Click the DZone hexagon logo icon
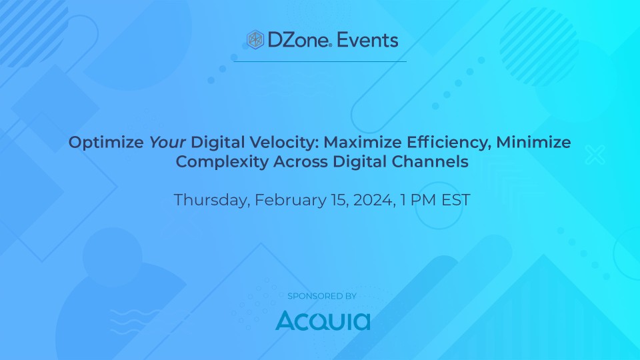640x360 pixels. pyautogui.click(x=255, y=40)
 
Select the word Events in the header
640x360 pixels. pyautogui.click(x=367, y=40)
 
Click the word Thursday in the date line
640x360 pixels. pyautogui.click(x=208, y=200)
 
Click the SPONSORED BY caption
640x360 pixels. pyautogui.click(x=322, y=295)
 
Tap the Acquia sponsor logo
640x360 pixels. pyautogui.click(x=323, y=320)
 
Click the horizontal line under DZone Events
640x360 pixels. pyautogui.click(x=320, y=61)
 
